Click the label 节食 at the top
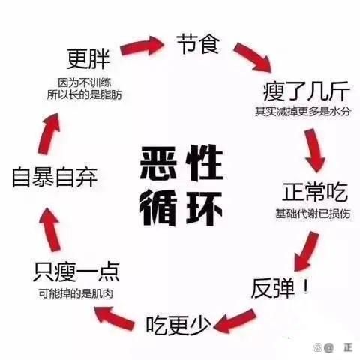(x=198, y=44)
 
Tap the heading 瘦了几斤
(x=307, y=91)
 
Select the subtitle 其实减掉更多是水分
(x=303, y=112)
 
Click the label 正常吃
(x=315, y=192)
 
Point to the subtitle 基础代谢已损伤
(x=313, y=214)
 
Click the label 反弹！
(x=280, y=288)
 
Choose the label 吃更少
(x=178, y=325)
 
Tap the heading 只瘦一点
(x=76, y=272)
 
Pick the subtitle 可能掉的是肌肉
(x=76, y=293)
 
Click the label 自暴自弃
(x=55, y=178)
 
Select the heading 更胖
(x=88, y=59)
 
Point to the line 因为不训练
(x=85, y=82)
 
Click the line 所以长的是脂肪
(x=85, y=94)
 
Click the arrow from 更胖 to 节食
(x=142, y=46)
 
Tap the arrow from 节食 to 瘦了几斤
(x=253, y=58)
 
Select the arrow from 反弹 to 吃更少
(x=235, y=320)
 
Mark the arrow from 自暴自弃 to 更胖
(x=49, y=133)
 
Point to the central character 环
(x=204, y=208)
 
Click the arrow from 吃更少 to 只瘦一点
(x=115, y=317)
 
